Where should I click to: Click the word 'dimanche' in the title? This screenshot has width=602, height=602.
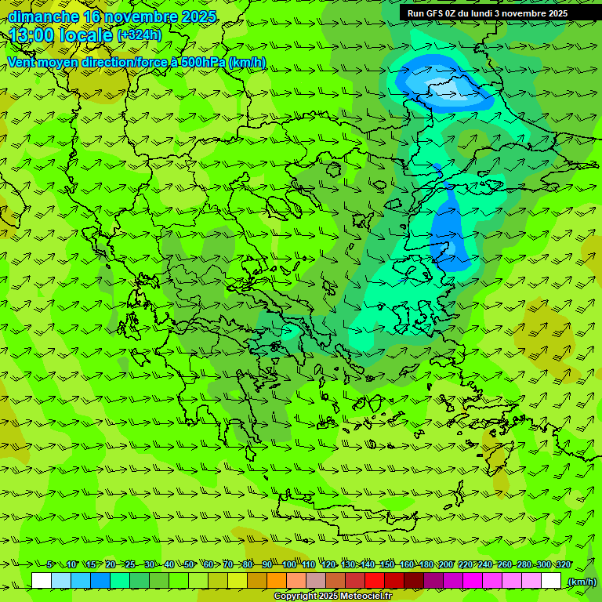pyautogui.click(x=43, y=16)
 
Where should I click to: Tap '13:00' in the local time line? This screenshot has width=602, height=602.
pyautogui.click(x=30, y=36)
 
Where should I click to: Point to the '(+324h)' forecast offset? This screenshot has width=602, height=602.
pyautogui.click(x=140, y=35)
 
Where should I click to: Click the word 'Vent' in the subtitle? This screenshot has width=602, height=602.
pyautogui.click(x=22, y=62)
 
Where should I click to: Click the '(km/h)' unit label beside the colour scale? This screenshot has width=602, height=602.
pyautogui.click(x=582, y=582)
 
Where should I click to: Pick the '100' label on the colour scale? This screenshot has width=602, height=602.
pyautogui.click(x=289, y=565)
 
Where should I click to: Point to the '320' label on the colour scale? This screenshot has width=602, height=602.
pyautogui.click(x=563, y=565)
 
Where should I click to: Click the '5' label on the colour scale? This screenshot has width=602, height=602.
pyautogui.click(x=49, y=565)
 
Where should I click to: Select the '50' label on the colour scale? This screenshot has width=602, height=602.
pyautogui.click(x=188, y=565)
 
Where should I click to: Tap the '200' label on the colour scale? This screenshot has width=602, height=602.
pyautogui.click(x=445, y=565)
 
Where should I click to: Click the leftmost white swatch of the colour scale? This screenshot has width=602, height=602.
pyautogui.click(x=42, y=581)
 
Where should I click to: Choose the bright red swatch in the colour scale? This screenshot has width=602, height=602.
pyautogui.click(x=375, y=581)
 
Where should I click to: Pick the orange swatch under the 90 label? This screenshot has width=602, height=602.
pyautogui.click(x=277, y=581)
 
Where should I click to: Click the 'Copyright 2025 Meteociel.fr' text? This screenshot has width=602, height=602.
pyautogui.click(x=332, y=597)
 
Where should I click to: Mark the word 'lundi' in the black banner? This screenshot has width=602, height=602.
pyautogui.click(x=477, y=13)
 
